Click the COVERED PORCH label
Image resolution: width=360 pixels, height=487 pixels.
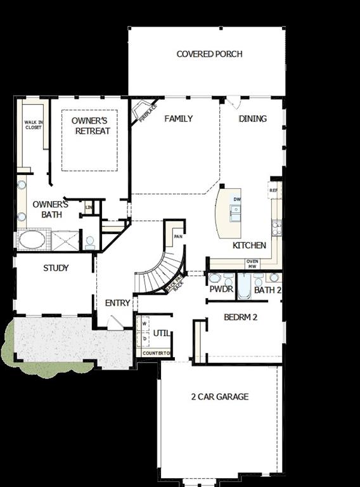tap(209, 54)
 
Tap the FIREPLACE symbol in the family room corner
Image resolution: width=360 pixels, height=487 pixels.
tap(140, 114)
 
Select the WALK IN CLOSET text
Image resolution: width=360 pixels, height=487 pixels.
tap(33, 124)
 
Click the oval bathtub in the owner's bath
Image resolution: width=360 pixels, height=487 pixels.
tap(31, 240)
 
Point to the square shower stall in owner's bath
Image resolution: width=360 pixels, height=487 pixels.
tap(65, 240)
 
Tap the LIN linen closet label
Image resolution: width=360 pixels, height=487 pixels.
tap(89, 207)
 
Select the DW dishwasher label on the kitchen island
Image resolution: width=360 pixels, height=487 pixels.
tap(237, 199)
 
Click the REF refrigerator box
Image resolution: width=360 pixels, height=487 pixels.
tap(273, 190)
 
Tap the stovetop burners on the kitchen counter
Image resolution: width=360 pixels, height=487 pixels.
tap(276, 224)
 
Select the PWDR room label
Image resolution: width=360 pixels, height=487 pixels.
tap(221, 290)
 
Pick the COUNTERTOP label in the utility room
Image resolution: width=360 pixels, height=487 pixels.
tap(155, 353)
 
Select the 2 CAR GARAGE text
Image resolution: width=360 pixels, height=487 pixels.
tap(219, 397)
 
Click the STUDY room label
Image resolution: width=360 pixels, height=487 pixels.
tap(56, 268)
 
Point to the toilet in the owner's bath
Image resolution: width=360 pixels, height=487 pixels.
tap(90, 242)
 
